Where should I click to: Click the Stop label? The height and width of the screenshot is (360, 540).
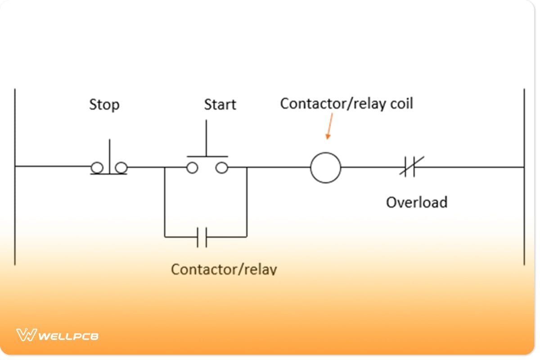104,105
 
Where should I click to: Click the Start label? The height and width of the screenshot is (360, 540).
220,105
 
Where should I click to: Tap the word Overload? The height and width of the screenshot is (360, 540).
417,202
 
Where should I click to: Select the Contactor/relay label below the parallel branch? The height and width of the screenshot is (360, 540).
224,269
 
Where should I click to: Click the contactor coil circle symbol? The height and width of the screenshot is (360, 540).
325,167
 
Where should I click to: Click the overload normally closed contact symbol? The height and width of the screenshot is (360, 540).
411,167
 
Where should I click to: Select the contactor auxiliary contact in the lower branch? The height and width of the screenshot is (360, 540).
202,237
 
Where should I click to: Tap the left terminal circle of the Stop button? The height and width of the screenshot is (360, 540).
96,168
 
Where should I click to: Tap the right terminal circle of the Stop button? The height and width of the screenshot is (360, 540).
121,168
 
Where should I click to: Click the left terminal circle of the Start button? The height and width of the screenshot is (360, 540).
192,168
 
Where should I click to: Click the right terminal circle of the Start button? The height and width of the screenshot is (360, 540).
221,168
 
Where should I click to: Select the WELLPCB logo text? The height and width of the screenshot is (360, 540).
68,336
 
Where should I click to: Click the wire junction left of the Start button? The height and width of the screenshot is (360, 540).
165,167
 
